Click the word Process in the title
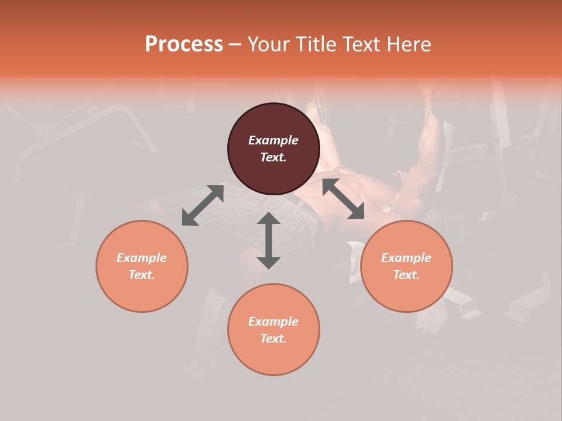[x=184, y=44]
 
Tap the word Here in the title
[x=409, y=44]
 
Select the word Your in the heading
[x=270, y=44]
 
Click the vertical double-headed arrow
[x=268, y=240]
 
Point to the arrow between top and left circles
[x=203, y=205]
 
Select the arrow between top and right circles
[x=343, y=199]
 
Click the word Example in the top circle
[x=273, y=140]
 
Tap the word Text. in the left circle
[x=142, y=275]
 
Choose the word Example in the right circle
[x=406, y=258]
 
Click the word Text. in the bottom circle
[x=273, y=339]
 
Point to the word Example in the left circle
[x=142, y=258]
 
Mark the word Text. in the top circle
[x=273, y=157]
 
